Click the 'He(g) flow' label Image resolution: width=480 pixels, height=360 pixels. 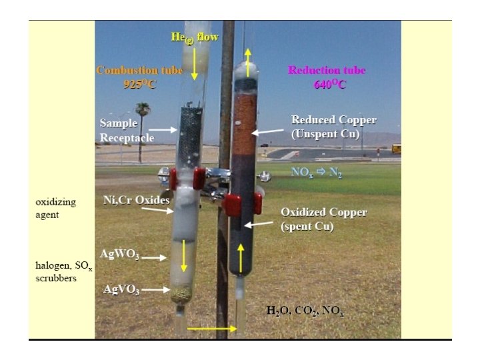(x=194, y=38)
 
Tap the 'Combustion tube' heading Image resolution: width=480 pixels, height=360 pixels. (x=130, y=70)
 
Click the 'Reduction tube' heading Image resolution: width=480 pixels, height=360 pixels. (x=326, y=70)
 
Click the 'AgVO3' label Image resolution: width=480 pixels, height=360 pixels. (x=121, y=289)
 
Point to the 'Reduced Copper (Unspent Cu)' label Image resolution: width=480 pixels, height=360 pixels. (x=333, y=126)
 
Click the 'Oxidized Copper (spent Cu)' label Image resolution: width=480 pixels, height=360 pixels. (x=323, y=219)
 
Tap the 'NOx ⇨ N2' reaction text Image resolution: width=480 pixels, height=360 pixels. (x=317, y=171)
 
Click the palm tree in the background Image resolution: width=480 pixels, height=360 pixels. (x=142, y=123)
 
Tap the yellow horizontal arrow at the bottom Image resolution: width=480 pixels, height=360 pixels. (x=212, y=329)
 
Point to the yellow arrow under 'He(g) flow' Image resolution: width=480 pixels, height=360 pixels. (x=194, y=64)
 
